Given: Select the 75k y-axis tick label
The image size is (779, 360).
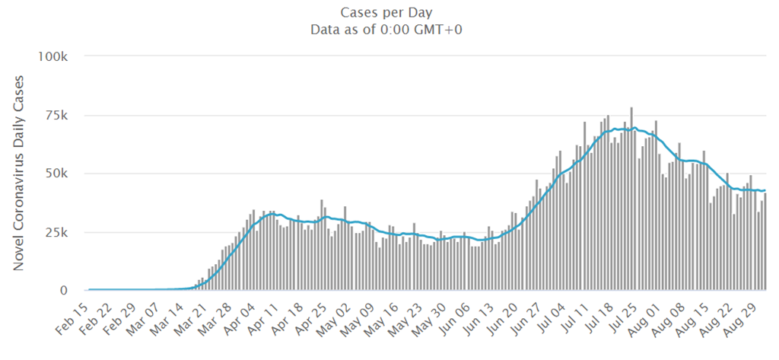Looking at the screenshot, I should [58, 116].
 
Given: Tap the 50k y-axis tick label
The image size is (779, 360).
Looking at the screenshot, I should [58, 174].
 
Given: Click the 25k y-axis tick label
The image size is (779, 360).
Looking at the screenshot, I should [58, 232].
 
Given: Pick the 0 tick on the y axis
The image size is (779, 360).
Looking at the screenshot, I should [67, 291].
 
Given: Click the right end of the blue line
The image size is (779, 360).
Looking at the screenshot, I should [765, 190].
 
